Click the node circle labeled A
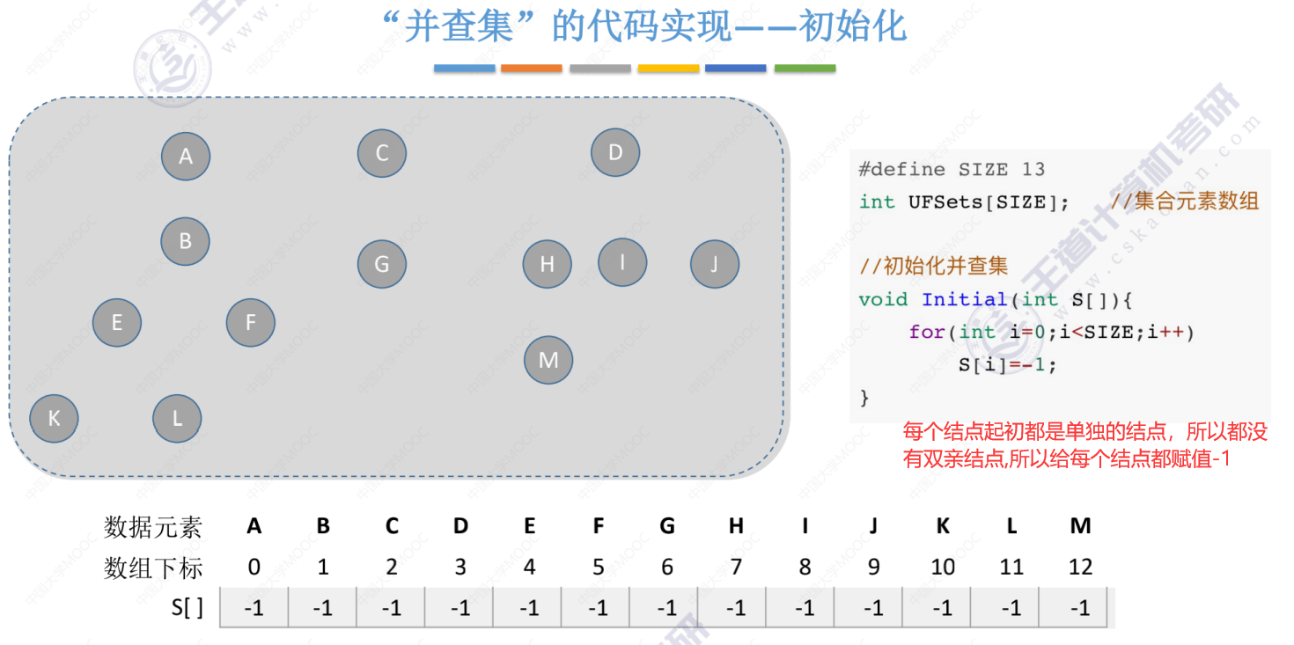(186, 156)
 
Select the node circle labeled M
(548, 360)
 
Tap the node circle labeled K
(55, 418)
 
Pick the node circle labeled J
(715, 264)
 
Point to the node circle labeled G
(382, 264)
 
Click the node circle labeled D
(615, 153)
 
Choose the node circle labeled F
(251, 323)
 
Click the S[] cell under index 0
(254, 608)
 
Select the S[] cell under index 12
(1080, 608)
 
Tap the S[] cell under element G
(667, 608)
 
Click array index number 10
(943, 568)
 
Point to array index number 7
(736, 568)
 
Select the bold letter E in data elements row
(530, 526)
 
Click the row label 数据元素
(153, 527)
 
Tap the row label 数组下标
(153, 568)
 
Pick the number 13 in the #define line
(1033, 169)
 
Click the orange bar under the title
(532, 68)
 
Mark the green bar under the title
(805, 68)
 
